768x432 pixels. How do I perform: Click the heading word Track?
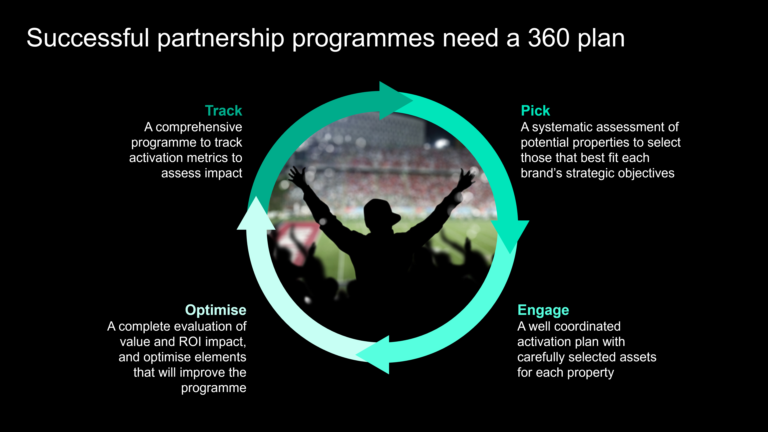point(224,111)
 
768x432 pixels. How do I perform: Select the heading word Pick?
point(535,111)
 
